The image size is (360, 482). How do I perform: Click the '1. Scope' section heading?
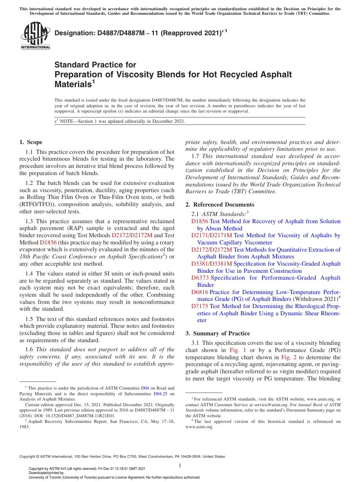click(31, 142)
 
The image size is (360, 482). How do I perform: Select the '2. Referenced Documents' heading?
click(220, 205)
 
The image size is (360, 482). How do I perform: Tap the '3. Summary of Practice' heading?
click(218, 333)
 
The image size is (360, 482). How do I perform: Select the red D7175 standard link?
click(200, 306)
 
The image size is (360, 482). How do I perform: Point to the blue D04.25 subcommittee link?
click(161, 394)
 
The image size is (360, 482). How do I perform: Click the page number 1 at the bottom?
click(180, 465)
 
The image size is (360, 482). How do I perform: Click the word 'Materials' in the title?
click(72, 85)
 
